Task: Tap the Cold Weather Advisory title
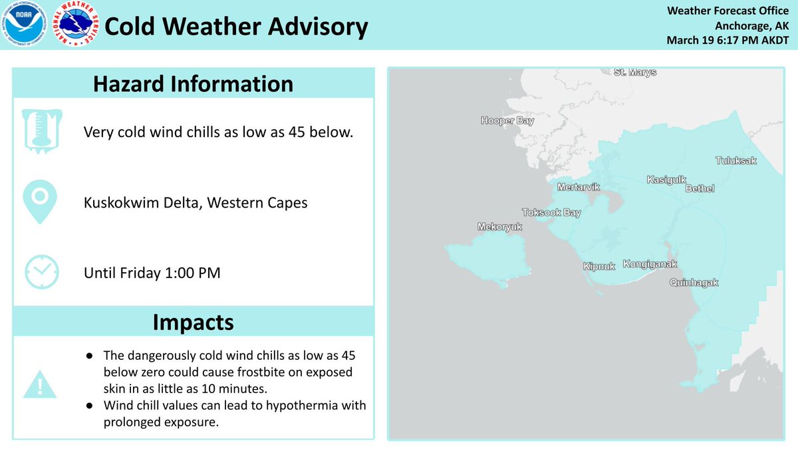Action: (x=236, y=27)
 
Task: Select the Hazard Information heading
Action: (x=193, y=84)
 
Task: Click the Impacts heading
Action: (x=193, y=322)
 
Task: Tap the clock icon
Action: (x=41, y=271)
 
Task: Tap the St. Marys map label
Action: (x=634, y=72)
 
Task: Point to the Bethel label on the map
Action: (x=700, y=189)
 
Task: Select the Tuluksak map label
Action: (x=736, y=160)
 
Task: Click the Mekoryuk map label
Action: (x=500, y=227)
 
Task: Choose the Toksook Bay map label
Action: (x=551, y=213)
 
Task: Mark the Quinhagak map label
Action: (x=694, y=283)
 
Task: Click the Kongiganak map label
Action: (x=650, y=264)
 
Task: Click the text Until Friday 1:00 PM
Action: (x=152, y=272)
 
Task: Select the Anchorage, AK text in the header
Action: (x=751, y=26)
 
